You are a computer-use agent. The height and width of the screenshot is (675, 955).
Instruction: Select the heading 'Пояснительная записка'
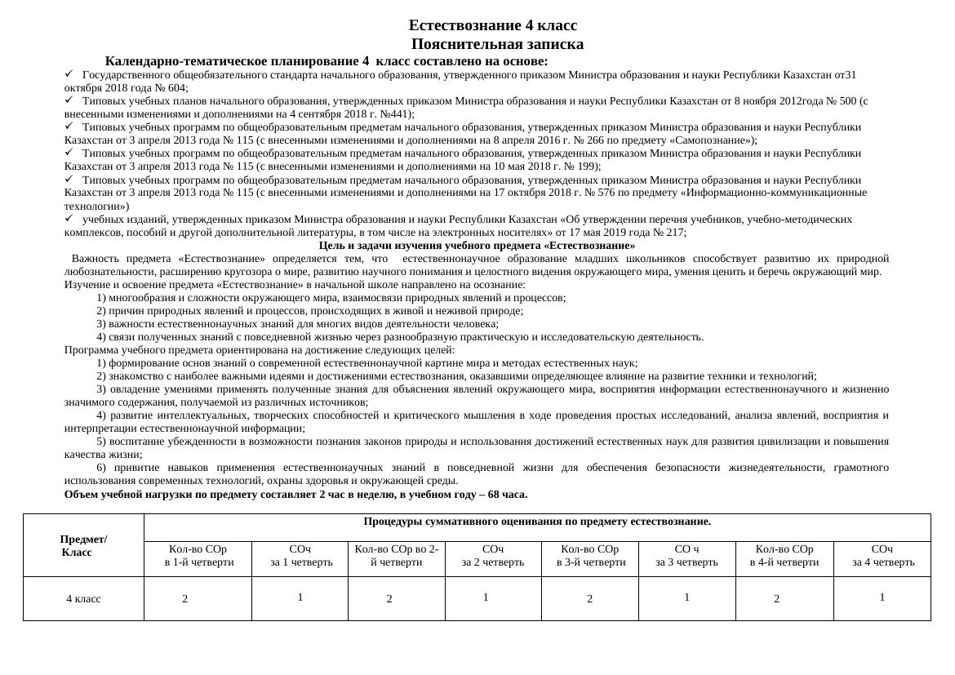click(x=497, y=44)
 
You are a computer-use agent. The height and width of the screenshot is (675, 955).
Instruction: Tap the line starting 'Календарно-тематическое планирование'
click(x=326, y=61)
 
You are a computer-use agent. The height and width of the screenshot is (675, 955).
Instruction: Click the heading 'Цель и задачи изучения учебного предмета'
click(x=477, y=246)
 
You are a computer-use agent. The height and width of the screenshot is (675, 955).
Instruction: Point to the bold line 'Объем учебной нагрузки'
click(x=296, y=495)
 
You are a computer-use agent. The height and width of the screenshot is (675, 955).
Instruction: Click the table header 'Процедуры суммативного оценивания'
click(x=536, y=522)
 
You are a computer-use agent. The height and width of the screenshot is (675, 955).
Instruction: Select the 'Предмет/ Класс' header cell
click(x=83, y=546)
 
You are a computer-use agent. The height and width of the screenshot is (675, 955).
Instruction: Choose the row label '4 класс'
click(x=83, y=599)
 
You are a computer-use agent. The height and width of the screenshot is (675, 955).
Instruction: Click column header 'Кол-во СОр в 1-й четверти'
click(x=198, y=556)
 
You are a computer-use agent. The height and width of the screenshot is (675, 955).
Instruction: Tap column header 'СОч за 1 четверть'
click(x=300, y=556)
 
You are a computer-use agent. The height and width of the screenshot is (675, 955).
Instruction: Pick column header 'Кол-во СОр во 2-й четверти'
click(x=396, y=556)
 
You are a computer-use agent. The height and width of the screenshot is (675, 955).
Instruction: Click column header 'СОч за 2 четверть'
click(x=492, y=556)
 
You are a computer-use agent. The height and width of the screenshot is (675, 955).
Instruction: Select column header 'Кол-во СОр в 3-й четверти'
click(x=590, y=556)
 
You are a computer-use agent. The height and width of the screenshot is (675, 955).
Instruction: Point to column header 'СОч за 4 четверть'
click(x=882, y=556)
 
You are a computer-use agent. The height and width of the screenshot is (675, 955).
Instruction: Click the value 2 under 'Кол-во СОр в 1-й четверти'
click(x=185, y=599)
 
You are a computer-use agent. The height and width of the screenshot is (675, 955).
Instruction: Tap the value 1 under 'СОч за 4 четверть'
click(x=882, y=597)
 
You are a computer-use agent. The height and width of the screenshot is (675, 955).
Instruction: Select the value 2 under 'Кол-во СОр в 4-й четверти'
click(x=776, y=599)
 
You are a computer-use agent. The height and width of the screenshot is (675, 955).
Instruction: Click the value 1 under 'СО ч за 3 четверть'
click(x=686, y=597)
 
